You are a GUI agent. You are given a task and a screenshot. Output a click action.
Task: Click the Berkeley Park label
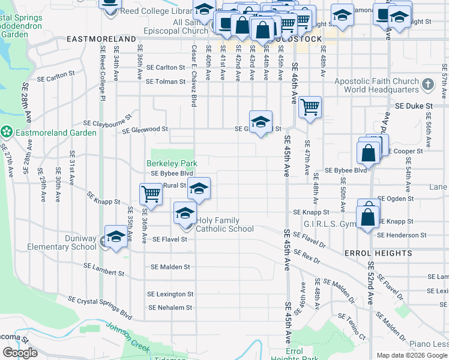coord(172,163)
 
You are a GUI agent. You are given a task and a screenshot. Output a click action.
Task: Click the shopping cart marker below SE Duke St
coord(310,108)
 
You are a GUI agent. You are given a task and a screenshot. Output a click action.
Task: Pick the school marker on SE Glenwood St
coord(261,122)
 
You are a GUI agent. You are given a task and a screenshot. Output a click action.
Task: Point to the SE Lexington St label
coord(170,294)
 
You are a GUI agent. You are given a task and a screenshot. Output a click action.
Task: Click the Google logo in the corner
coord(20,353)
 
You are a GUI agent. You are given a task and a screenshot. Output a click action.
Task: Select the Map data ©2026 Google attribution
coord(412,355)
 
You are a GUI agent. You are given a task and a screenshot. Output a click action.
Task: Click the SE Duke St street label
coord(414,106)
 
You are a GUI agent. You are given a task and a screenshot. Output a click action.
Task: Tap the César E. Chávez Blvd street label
coord(194,73)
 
